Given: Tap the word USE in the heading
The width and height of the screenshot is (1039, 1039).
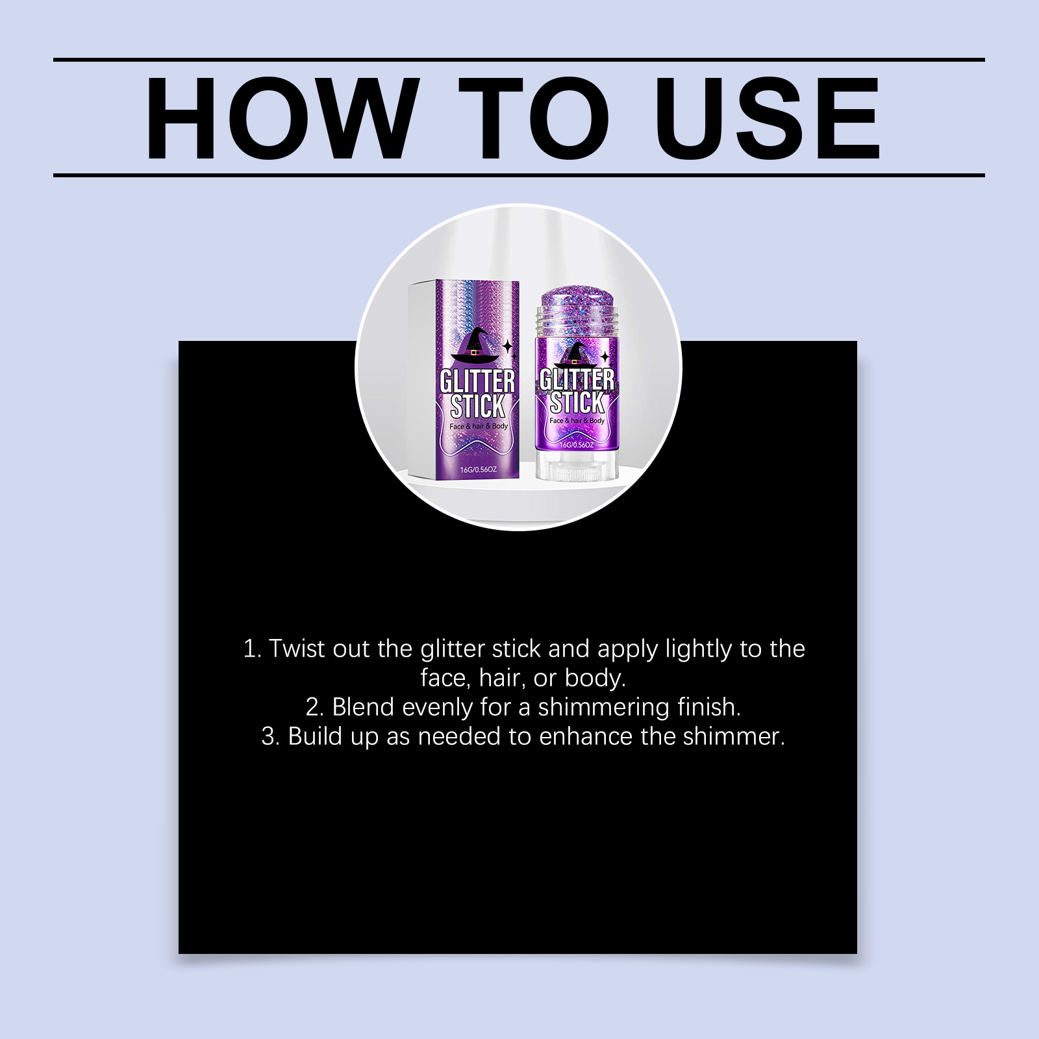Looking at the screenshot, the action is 768,118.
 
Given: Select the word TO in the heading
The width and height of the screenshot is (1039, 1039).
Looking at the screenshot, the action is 534,118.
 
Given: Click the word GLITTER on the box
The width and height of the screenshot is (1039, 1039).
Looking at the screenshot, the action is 477,381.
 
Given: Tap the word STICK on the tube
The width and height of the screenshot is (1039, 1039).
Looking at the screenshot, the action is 577,403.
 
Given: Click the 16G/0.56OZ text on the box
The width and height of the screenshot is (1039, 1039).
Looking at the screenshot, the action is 479,469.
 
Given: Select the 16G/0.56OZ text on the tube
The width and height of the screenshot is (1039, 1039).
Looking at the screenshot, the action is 577,445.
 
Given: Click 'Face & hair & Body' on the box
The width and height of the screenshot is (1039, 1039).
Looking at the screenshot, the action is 479,426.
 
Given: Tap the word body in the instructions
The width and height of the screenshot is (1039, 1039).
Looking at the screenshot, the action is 595,679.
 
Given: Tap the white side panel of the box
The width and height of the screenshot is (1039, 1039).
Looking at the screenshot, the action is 422,377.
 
